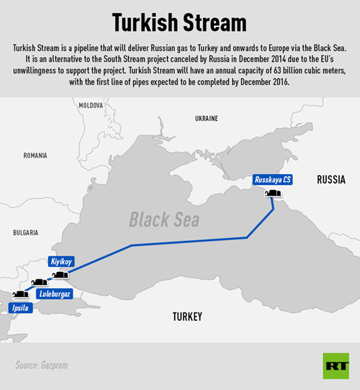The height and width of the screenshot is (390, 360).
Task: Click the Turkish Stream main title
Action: coord(179,23)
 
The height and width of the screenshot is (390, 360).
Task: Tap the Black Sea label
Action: coord(164,220)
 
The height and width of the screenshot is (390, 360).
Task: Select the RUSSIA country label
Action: coord(331,180)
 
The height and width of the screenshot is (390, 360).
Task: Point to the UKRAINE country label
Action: coord(206,119)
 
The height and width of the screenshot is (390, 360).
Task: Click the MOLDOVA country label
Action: coord(91,105)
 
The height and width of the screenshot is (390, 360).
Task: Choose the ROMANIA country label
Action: coord(35,155)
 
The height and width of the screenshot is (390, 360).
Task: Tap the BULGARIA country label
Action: coord(26,233)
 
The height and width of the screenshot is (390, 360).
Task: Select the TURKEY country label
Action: coord(187,316)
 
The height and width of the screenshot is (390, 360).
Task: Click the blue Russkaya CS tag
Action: coord(273,180)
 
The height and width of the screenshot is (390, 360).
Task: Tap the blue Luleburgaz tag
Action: coord(55,294)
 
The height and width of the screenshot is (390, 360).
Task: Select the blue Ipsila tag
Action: coord(22,308)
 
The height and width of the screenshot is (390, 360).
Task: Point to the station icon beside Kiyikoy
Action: coord(60,275)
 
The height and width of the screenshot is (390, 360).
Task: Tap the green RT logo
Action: coord(335,365)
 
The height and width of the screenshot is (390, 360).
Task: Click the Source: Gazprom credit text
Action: coord(41,365)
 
